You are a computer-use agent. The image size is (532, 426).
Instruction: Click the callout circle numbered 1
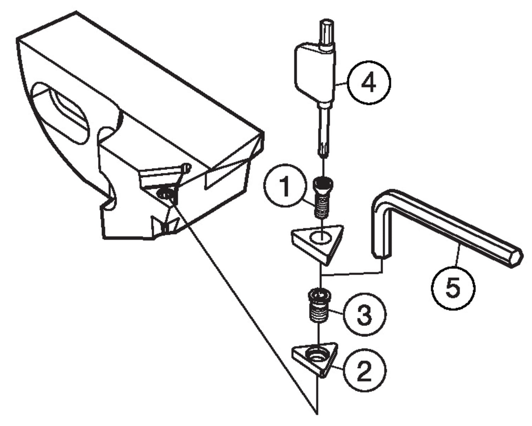click(284, 186)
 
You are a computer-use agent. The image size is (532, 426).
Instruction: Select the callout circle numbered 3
click(364, 314)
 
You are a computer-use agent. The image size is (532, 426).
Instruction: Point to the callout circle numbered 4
click(368, 82)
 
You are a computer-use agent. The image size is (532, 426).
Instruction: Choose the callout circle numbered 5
click(453, 288)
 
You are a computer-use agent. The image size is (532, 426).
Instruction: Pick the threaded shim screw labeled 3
click(318, 306)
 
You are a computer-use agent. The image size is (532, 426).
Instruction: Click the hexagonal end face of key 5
click(516, 256)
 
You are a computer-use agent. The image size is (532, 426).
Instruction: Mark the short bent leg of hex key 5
click(380, 227)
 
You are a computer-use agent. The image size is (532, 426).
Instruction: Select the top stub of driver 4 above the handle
click(326, 34)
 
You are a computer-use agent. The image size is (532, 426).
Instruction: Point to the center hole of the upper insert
click(320, 237)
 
